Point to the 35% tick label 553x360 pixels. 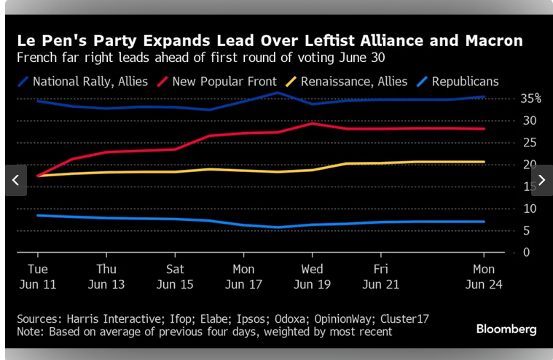point(530,98)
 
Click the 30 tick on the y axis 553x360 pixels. point(530,120)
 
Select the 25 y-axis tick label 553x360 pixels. point(530,143)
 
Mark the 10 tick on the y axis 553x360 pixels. point(530,209)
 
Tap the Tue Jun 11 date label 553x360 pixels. point(38,276)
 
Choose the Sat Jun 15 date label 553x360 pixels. point(175,276)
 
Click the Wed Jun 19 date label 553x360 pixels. point(312,276)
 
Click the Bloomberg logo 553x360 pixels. point(506,329)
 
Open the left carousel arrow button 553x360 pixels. point(15,180)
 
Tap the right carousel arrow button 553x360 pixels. point(541,180)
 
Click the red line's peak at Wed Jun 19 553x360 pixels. point(312,123)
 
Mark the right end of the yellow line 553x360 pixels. point(484,162)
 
